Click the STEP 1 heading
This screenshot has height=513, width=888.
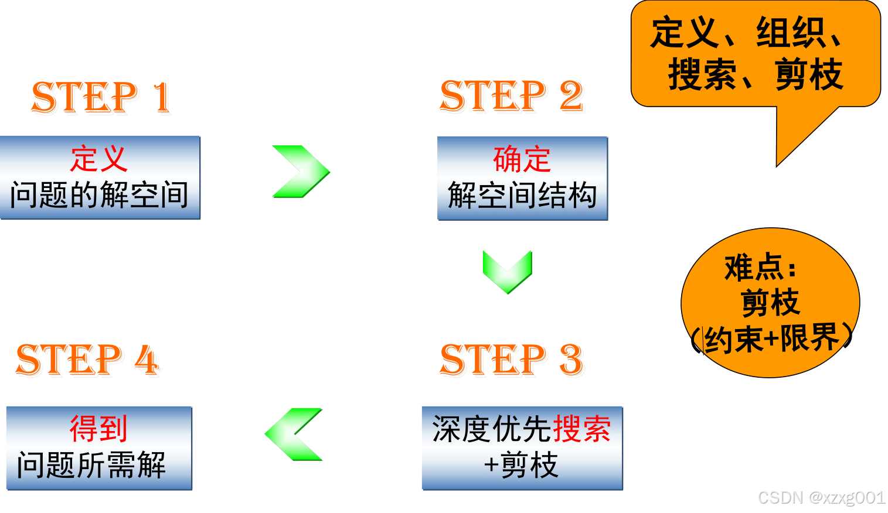pos(101,97)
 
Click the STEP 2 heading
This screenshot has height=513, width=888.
pos(511,96)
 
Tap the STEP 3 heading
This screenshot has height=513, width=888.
pos(511,359)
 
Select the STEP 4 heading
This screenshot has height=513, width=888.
pos(87,359)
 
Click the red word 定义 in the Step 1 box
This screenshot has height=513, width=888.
pos(98,159)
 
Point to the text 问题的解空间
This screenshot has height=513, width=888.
pos(99,195)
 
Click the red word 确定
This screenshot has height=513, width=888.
pos(522,159)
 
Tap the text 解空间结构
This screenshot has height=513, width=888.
pos(522,196)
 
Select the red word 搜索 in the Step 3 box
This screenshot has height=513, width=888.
pos(582,429)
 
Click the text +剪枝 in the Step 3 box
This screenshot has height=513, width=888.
pos(521,466)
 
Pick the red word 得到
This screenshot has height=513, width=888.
pos(98,429)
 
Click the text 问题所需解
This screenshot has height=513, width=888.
pos(91,466)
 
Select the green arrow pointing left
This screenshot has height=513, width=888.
pos(294,434)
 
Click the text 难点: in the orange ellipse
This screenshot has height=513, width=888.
pos(761,268)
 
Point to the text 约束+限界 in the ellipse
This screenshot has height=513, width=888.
pos(771,338)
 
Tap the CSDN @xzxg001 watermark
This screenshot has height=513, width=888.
pos(821,498)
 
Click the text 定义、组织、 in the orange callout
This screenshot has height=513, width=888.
pos(747,33)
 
